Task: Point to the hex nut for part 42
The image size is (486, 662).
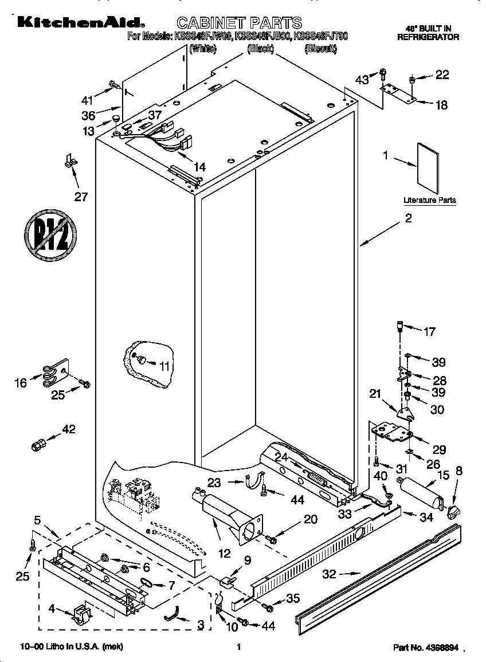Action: click(x=38, y=445)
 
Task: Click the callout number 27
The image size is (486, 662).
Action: click(x=81, y=197)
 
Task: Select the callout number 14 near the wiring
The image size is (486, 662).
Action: click(x=199, y=167)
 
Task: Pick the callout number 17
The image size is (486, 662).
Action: click(x=429, y=331)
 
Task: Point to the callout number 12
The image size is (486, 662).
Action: click(x=224, y=553)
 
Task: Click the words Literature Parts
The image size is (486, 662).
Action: click(x=429, y=200)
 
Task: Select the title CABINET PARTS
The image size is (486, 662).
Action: click(x=239, y=23)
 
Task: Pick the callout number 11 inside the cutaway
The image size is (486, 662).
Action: click(x=164, y=366)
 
